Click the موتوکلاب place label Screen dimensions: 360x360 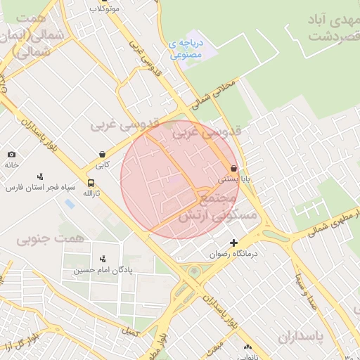(104, 9)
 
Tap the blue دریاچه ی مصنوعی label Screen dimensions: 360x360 (186, 49)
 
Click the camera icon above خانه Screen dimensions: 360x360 (11, 154)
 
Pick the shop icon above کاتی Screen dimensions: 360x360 (103, 154)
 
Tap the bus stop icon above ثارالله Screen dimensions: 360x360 (89, 181)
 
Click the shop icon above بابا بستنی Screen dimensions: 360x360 (233, 168)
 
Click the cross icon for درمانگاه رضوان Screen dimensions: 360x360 (234, 243)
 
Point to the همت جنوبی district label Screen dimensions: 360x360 (49, 240)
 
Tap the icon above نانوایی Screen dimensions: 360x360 (247, 347)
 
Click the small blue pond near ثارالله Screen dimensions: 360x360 (69, 204)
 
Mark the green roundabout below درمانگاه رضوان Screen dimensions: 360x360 (194, 271)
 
